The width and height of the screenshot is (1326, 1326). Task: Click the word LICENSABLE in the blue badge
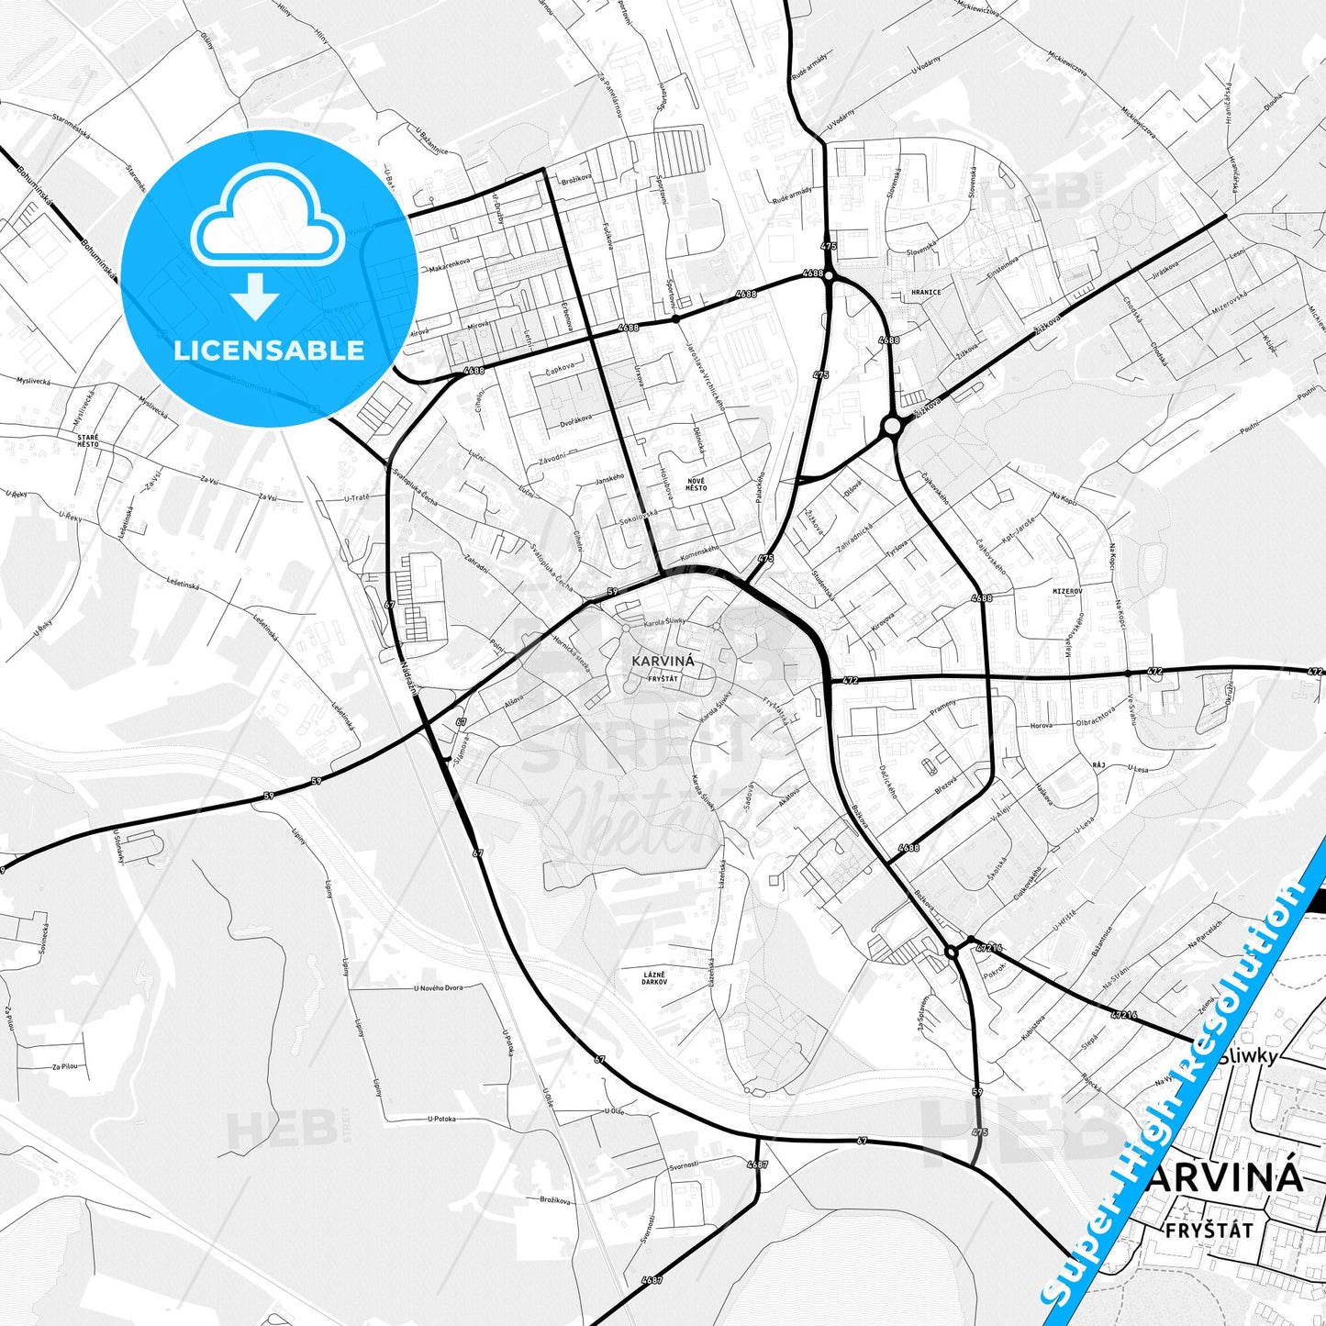click(x=269, y=351)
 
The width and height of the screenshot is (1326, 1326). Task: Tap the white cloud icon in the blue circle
click(x=267, y=223)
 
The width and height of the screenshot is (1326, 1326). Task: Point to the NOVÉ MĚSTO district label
click(x=696, y=485)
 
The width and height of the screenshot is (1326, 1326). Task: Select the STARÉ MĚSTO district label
click(x=88, y=440)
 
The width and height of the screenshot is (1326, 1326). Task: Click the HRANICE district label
click(x=926, y=293)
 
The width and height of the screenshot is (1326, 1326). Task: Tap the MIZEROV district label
click(x=1067, y=592)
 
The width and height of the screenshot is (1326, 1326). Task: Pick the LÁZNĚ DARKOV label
click(x=654, y=977)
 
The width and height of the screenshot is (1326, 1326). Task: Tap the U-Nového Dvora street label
click(x=439, y=988)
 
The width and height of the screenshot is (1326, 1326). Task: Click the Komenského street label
click(x=700, y=554)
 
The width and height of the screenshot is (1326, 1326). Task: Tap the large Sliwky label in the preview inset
click(x=1248, y=1056)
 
